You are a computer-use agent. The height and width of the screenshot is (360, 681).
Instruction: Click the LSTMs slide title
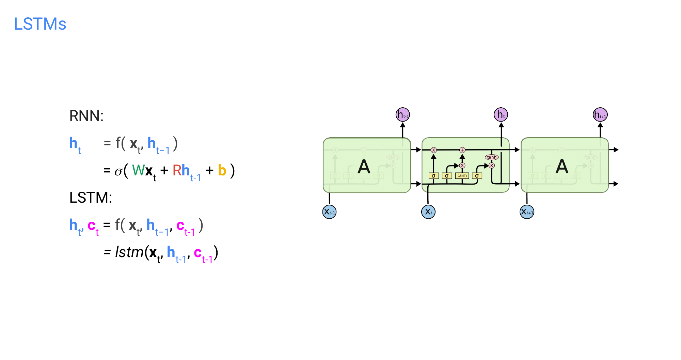(40, 24)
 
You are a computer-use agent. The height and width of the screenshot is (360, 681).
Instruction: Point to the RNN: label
(86, 116)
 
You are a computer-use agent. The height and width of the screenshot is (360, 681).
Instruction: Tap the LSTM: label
(91, 198)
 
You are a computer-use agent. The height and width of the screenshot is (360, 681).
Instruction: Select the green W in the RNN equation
(138, 170)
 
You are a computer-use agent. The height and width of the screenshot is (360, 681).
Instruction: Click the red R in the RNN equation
(177, 170)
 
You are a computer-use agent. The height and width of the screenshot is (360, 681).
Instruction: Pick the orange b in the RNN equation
(222, 170)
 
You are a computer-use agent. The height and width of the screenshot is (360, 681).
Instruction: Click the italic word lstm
(129, 252)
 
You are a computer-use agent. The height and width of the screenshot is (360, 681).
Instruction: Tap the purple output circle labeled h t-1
(403, 115)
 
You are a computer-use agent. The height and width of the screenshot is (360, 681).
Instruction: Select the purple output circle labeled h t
(501, 115)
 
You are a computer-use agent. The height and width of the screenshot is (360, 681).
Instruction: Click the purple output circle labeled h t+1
(600, 115)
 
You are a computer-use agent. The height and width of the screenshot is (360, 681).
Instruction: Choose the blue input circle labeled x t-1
(329, 212)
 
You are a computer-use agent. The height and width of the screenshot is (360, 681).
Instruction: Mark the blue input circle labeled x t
(428, 212)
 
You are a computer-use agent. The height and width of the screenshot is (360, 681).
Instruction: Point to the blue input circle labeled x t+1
(527, 212)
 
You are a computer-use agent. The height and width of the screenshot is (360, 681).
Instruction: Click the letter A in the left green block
(364, 167)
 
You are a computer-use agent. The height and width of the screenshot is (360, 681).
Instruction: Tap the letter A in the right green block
(562, 167)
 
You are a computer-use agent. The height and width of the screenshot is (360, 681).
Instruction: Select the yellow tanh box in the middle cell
(462, 176)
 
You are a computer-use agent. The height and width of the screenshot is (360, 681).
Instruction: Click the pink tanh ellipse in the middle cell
(492, 157)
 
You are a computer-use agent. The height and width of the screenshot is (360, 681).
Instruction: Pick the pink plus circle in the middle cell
(462, 150)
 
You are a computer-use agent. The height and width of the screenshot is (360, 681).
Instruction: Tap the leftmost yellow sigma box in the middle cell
(433, 176)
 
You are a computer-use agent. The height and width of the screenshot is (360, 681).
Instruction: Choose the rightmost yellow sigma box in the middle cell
(477, 176)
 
